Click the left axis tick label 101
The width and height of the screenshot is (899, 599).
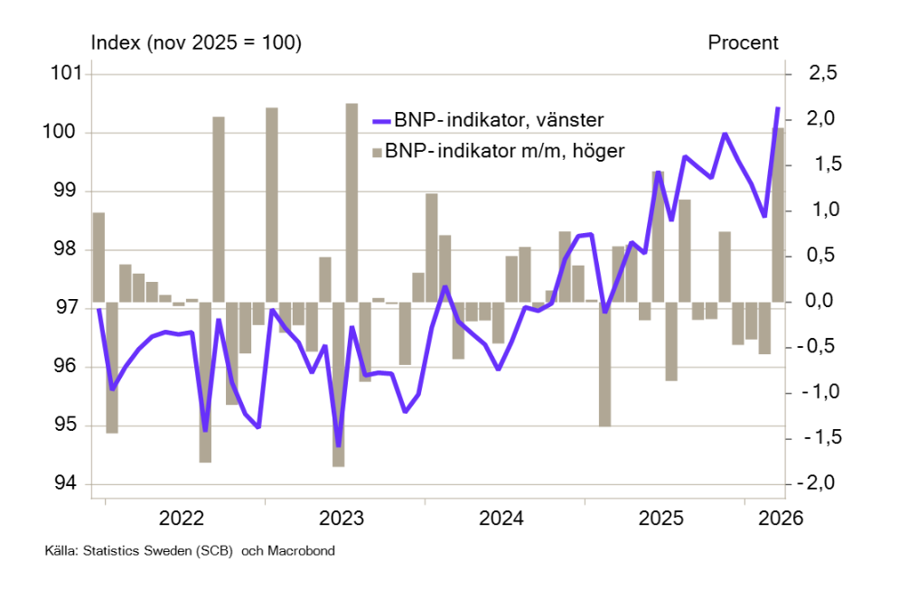tap(67, 74)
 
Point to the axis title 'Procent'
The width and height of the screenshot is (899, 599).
tap(744, 42)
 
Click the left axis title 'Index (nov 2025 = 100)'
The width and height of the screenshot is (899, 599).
tap(195, 42)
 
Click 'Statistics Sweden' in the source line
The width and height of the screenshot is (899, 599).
tap(132, 550)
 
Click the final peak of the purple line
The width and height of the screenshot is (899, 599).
tap(778, 108)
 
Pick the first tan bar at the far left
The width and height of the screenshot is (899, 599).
tap(99, 257)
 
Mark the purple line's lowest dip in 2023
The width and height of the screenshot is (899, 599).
tap(339, 445)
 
